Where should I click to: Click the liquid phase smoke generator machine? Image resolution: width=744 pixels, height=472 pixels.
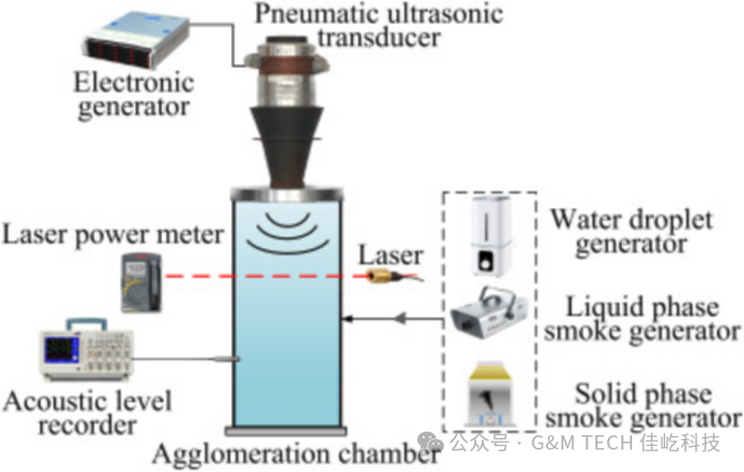click(488, 316)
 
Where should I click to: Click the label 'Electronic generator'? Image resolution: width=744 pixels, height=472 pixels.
click(135, 95)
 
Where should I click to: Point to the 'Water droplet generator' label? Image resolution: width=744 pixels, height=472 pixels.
click(631, 231)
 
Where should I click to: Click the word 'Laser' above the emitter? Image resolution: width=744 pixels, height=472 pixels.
click(390, 254)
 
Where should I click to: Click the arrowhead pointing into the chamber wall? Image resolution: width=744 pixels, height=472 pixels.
click(347, 317)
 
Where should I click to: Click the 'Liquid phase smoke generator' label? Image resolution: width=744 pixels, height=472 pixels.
click(644, 319)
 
